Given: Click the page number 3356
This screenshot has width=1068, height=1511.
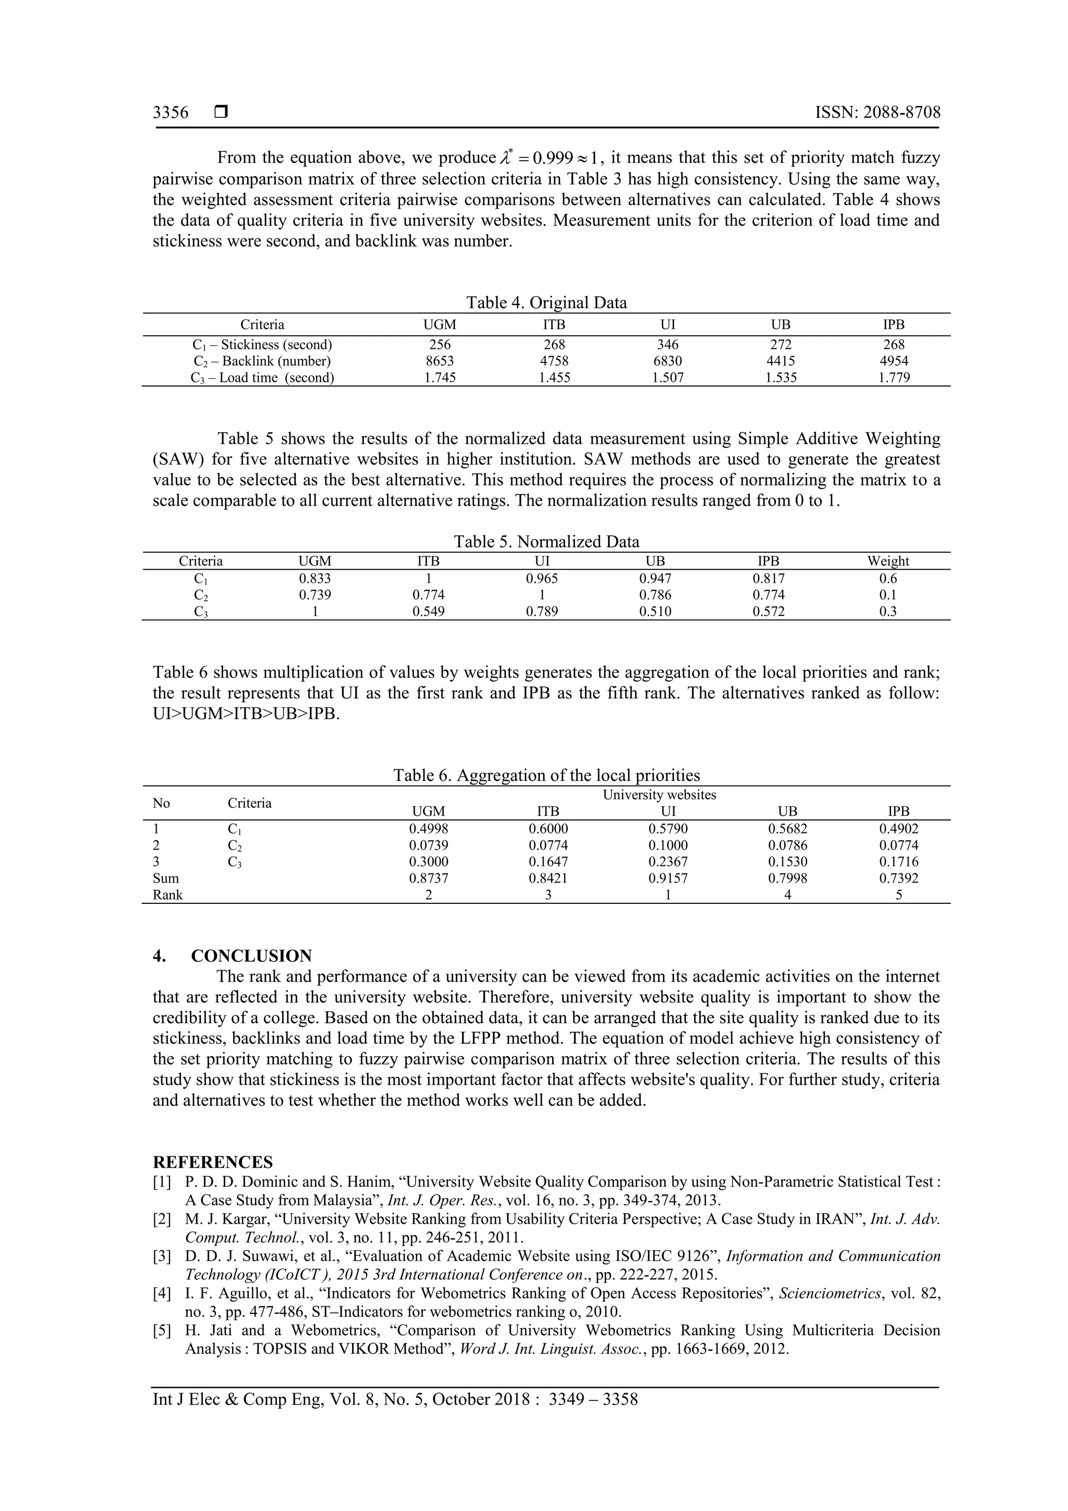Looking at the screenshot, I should click(x=171, y=113).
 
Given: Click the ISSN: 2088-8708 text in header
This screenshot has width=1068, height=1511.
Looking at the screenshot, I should click(x=877, y=113).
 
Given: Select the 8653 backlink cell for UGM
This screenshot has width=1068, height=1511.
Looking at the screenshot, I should click(x=440, y=360).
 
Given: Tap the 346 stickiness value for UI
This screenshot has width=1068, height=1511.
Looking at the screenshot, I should click(x=667, y=344).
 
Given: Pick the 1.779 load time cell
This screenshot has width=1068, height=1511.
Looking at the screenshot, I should click(x=894, y=378).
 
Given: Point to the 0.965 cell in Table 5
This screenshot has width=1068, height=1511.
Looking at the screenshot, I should click(x=542, y=578).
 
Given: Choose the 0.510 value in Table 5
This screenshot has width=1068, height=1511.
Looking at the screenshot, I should click(x=655, y=611).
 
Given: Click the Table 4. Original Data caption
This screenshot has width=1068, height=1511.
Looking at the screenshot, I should click(x=546, y=303).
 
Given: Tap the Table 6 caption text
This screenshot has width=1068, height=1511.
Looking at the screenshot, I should click(x=546, y=775).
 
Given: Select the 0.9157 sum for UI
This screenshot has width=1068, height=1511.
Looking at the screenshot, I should click(x=667, y=878).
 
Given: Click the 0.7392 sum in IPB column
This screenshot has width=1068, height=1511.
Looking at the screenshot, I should click(x=898, y=878).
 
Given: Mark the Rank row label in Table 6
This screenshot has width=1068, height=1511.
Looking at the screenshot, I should click(x=168, y=894).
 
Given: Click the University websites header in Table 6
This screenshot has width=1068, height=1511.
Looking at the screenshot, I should click(x=659, y=794).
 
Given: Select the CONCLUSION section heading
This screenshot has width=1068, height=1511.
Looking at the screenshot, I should click(x=251, y=956).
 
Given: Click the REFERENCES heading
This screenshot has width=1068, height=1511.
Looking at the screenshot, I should click(x=213, y=1162).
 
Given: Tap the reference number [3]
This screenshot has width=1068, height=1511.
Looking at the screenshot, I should click(x=162, y=1255).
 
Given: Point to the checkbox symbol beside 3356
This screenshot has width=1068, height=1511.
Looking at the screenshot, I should click(x=221, y=113).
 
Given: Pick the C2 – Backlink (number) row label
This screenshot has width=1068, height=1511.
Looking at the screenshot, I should click(x=262, y=360).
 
